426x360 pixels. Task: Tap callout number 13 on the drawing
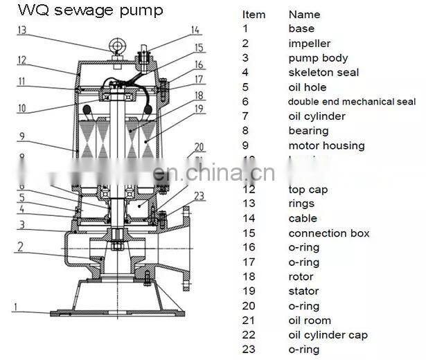(22, 30)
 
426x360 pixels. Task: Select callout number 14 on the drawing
(195, 30)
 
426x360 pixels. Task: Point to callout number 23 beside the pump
(199, 196)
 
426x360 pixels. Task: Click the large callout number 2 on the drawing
(21, 246)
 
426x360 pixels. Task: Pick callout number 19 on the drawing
(199, 109)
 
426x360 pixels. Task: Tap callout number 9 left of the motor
(21, 136)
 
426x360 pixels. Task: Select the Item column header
(254, 14)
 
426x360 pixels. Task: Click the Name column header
(304, 14)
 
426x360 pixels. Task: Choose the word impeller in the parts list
(310, 43)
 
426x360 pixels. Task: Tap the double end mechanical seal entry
(352, 102)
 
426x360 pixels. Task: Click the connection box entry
(329, 233)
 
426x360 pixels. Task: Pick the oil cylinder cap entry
(328, 335)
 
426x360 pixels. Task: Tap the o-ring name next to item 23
(303, 350)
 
